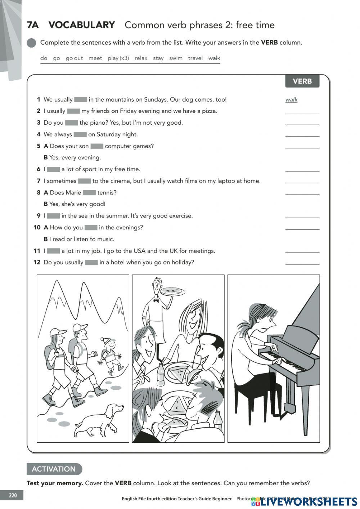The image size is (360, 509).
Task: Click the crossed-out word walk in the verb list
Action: [214, 58]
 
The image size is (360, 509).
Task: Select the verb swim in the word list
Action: [176, 58]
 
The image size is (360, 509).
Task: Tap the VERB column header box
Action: [302, 81]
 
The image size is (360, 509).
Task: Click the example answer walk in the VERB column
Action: [291, 100]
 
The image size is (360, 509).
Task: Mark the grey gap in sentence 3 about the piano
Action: [71, 123]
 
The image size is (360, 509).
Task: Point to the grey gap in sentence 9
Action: [53, 216]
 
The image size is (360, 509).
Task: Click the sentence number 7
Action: [39, 181]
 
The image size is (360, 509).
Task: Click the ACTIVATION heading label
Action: [54, 469]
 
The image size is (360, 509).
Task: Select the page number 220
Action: [13, 495]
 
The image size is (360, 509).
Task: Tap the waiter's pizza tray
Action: [172, 291]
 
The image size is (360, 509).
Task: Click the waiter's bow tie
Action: [156, 300]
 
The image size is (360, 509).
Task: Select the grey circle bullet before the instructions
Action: [32, 43]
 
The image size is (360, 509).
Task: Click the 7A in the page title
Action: [33, 25]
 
